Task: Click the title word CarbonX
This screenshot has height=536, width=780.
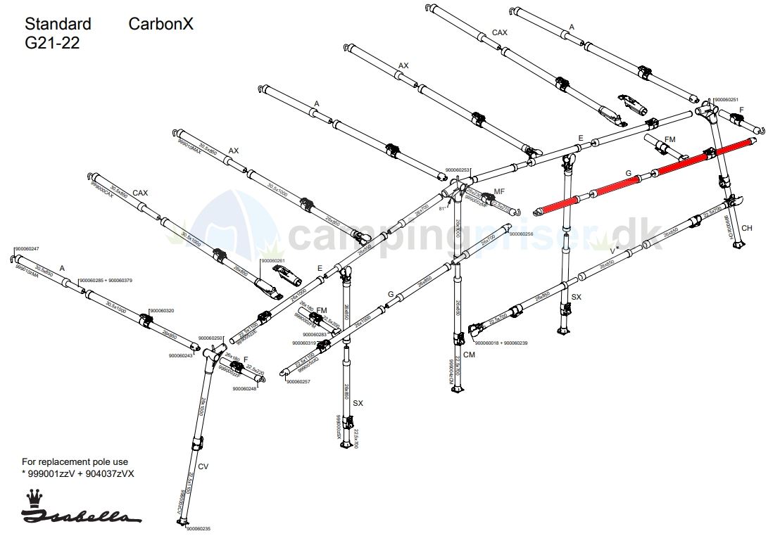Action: point(161,24)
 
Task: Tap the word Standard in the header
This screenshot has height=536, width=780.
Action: point(58,24)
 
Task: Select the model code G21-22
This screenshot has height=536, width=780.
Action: point(52,43)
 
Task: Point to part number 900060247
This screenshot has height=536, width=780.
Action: point(27,249)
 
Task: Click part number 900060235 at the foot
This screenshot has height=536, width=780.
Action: point(198,528)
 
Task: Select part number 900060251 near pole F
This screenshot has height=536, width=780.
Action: point(726,100)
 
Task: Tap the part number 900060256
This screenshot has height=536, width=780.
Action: point(522,234)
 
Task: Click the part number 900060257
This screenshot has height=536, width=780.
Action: point(298,381)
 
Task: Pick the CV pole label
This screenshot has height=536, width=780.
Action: point(203,466)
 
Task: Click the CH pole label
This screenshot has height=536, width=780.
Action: point(747,229)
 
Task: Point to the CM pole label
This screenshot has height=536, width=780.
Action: point(470,355)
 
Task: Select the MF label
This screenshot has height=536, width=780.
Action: point(499,191)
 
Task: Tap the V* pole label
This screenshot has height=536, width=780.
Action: point(615,249)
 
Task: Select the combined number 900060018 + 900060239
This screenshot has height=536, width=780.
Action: point(501,343)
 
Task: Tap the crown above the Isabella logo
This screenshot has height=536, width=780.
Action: point(32,498)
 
